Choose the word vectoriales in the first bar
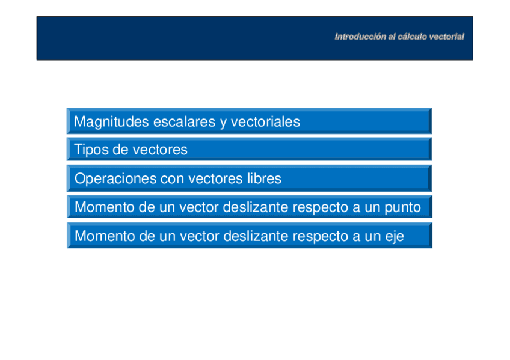coord(265,122)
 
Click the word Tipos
coord(91,150)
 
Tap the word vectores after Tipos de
coord(160,150)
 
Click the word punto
coord(403,207)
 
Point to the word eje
coord(395,237)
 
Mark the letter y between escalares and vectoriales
coord(223,123)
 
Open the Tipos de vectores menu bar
coord(249,149)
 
